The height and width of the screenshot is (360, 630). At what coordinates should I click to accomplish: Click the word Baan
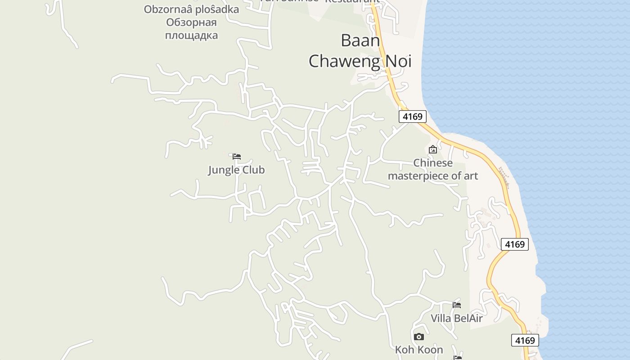360,40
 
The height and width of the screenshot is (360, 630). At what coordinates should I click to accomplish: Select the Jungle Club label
236,170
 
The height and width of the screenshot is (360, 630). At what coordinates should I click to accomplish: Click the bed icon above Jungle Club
237,157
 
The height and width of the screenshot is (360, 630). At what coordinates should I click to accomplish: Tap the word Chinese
433,163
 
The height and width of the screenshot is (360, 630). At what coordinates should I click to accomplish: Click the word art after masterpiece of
470,175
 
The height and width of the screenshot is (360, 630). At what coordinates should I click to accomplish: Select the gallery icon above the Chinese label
433,149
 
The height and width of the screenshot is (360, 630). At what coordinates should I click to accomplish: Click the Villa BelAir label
456,319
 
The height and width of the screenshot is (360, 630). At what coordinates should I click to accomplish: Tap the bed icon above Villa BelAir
457,305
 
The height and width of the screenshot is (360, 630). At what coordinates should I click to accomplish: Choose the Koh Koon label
419,350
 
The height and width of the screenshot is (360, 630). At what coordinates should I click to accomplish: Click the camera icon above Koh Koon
419,337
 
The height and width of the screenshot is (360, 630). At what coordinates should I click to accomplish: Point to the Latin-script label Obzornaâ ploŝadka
191,9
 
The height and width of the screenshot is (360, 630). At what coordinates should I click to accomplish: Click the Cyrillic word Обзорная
191,22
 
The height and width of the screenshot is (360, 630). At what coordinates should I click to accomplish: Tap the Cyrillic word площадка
191,35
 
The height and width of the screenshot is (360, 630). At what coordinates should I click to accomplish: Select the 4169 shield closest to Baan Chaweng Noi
413,117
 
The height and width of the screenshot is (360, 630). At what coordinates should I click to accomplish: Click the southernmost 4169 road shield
525,340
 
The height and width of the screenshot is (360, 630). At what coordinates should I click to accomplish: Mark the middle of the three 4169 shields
514,244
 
